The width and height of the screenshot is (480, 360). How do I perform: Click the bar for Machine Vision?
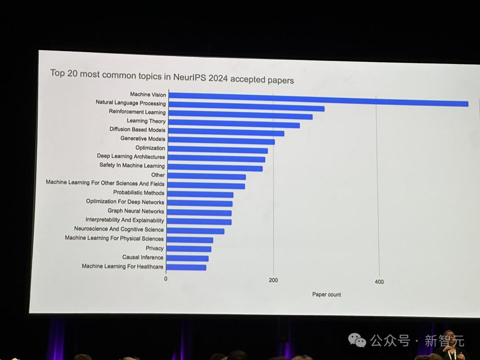318,100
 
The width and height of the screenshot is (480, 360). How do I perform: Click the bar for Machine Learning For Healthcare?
186,267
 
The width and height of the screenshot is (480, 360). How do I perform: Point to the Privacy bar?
189,249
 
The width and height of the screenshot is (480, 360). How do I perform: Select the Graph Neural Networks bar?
199,213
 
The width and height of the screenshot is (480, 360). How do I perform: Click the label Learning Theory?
146,121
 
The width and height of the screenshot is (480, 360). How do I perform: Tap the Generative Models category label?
143,139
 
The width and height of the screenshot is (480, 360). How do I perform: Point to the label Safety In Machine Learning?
132,166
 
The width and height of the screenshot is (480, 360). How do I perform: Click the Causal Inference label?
143,257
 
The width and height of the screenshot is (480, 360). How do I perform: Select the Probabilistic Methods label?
139,193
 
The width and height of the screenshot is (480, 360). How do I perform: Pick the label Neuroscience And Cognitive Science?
119,229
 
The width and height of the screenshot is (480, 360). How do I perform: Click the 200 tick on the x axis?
273,280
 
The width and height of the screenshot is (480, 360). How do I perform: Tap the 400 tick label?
379,282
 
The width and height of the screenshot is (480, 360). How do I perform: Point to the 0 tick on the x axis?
166,279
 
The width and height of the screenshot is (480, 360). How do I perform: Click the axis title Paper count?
327,294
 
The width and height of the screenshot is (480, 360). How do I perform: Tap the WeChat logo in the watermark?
357,340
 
